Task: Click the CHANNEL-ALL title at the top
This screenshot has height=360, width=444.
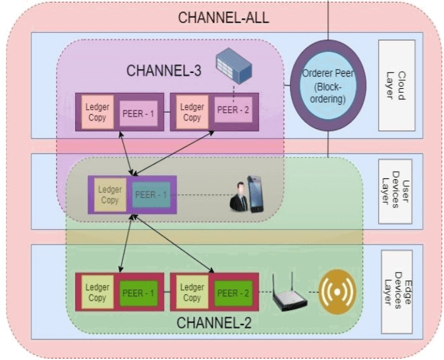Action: click(223, 16)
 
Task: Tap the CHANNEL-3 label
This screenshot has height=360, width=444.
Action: click(164, 70)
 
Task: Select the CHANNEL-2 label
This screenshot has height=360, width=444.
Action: click(213, 323)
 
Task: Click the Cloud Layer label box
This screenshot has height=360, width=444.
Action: click(397, 85)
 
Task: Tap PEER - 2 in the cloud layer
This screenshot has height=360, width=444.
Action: click(233, 109)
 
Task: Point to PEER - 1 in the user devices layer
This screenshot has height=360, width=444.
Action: click(151, 195)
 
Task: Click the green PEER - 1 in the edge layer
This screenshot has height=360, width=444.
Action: click(138, 292)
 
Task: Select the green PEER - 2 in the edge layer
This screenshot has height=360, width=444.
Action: click(233, 292)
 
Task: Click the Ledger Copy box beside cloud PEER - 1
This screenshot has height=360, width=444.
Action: click(97, 112)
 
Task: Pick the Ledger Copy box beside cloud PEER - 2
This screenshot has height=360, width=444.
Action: click(192, 112)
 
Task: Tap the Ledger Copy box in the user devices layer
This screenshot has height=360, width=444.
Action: click(110, 195)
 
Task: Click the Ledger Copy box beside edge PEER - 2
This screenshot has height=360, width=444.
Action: click(192, 292)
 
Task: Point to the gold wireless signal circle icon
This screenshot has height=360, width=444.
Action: click(337, 292)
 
